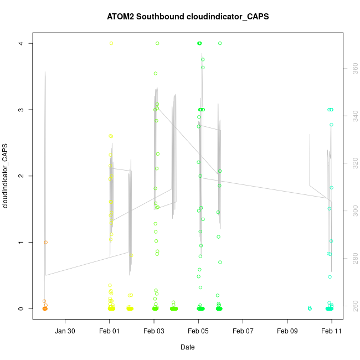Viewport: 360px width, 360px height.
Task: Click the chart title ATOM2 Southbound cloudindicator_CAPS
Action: (x=188, y=17)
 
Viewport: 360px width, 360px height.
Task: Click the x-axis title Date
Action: (x=187, y=347)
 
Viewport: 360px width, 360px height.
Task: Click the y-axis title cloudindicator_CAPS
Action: (x=5, y=176)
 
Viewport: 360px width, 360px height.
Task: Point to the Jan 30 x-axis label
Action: (x=65, y=331)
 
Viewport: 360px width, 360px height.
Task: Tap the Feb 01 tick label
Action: (x=110, y=331)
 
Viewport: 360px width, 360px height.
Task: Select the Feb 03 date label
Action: (x=154, y=331)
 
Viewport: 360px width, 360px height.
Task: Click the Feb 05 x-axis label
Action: (x=198, y=331)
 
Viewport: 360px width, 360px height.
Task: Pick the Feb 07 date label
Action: (x=243, y=331)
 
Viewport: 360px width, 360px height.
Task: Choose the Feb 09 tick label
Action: (x=287, y=331)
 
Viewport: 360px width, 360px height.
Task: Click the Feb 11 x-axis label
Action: (x=332, y=331)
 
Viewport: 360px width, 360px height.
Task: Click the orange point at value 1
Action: (x=46, y=242)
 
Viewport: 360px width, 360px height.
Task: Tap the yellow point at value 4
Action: (x=111, y=43)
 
